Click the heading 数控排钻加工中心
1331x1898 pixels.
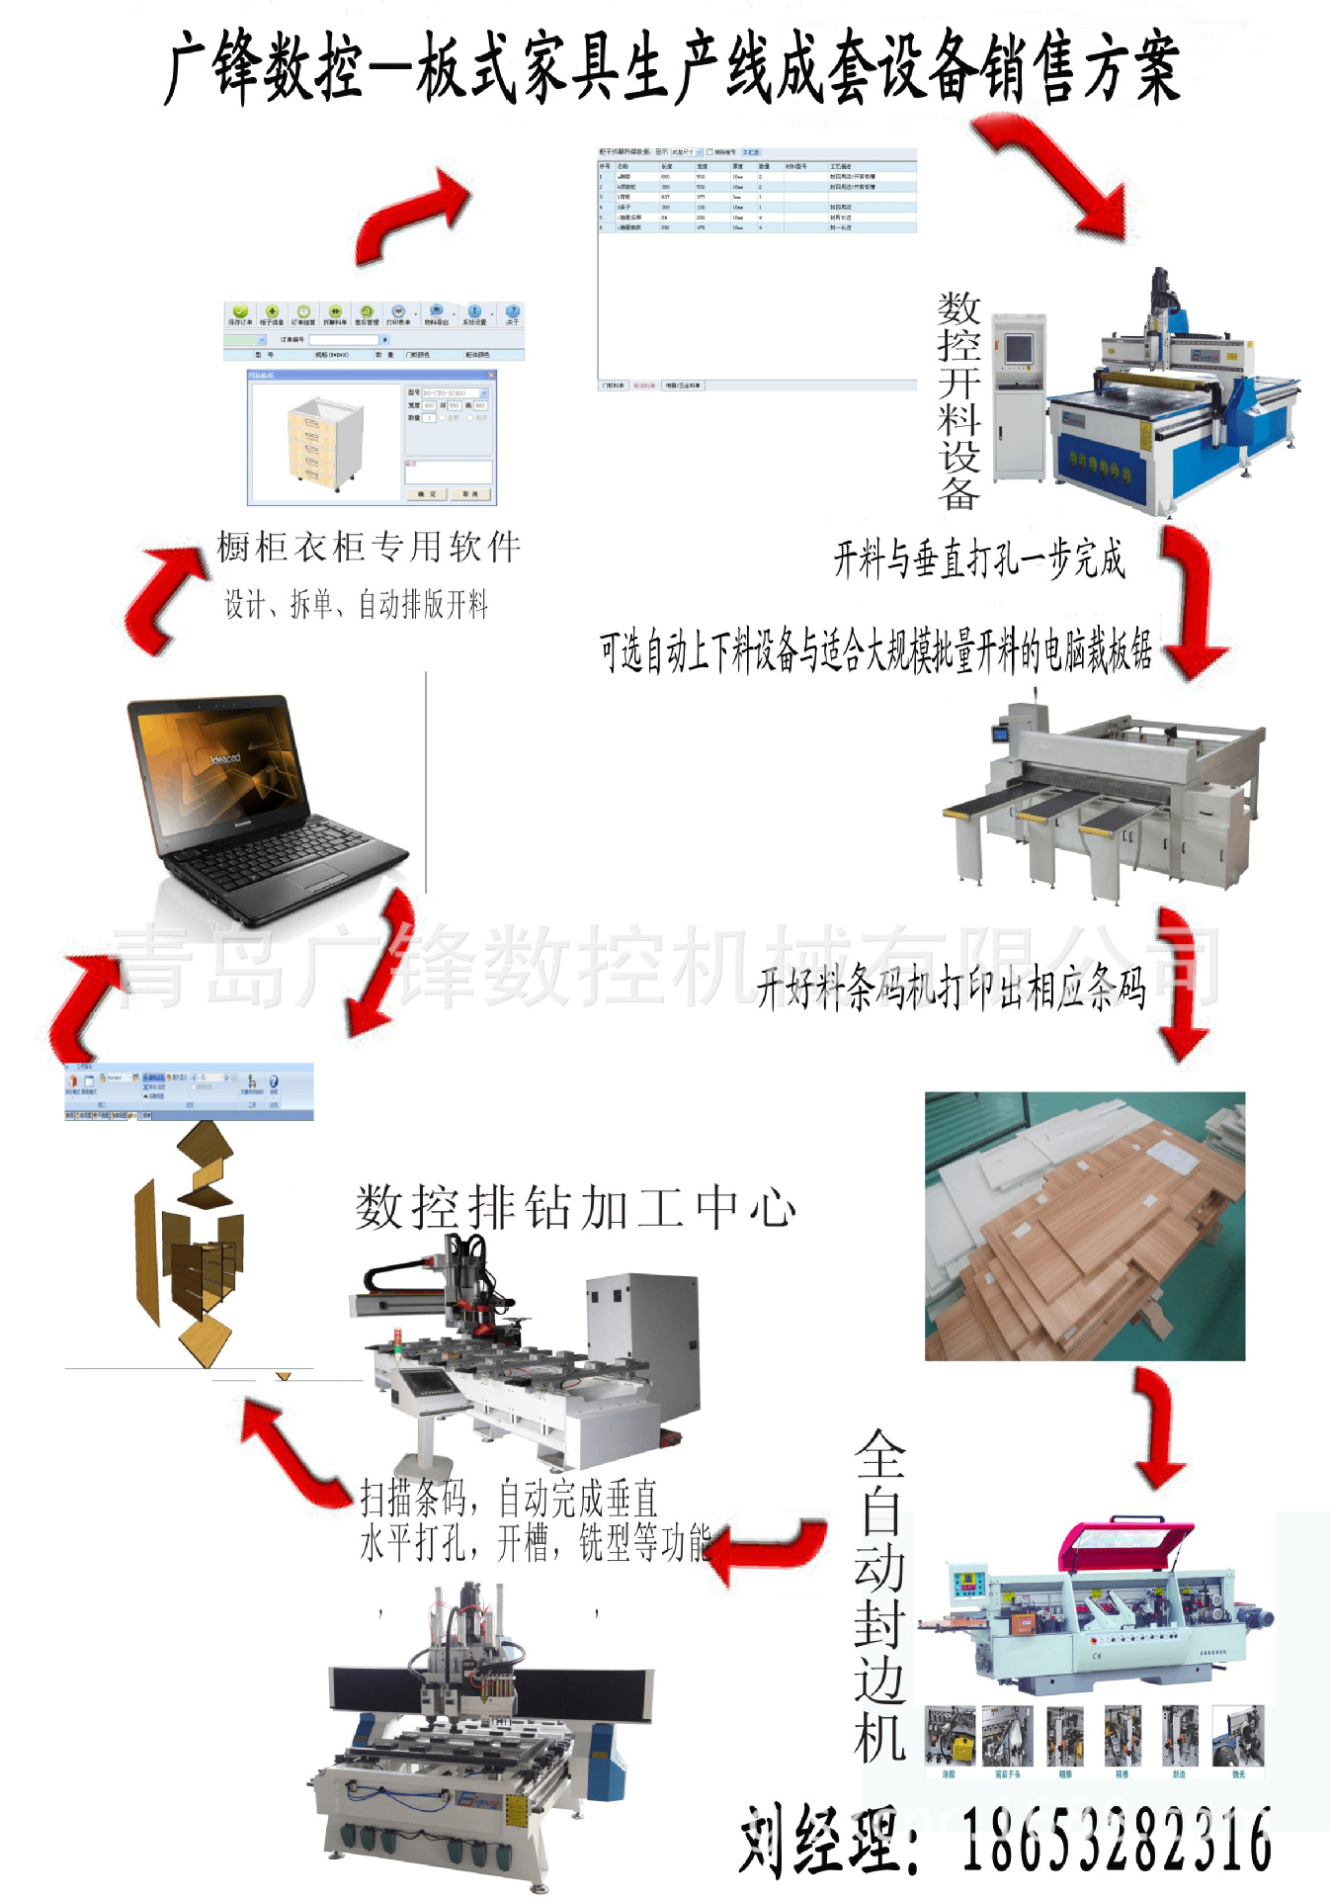click(x=575, y=1208)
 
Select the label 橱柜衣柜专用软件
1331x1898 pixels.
click(x=369, y=547)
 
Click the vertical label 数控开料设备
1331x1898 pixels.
click(x=958, y=400)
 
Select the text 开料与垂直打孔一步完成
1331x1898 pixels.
click(x=978, y=560)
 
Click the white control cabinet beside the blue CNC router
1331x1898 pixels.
click(x=1018, y=395)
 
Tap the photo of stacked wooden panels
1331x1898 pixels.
click(x=1084, y=1226)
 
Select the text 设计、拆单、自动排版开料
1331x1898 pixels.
click(x=356, y=604)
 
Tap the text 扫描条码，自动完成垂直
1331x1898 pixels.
click(x=509, y=1499)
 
